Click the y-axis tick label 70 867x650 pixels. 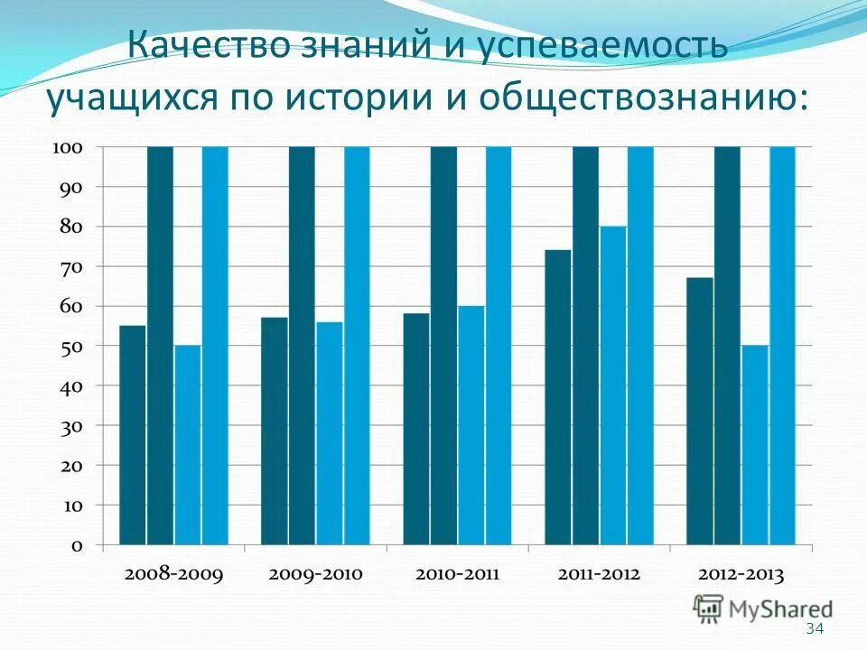[72, 266]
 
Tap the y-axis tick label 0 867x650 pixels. [77, 545]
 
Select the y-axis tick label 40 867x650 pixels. [72, 385]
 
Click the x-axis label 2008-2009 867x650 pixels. [173, 574]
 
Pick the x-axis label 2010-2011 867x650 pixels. [456, 574]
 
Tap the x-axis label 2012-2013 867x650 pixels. [740, 574]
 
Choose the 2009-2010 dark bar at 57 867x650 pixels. [275, 432]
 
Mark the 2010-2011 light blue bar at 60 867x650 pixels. [471, 425]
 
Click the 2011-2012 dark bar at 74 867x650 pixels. [557, 397]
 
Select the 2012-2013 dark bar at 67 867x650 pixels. [699, 411]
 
